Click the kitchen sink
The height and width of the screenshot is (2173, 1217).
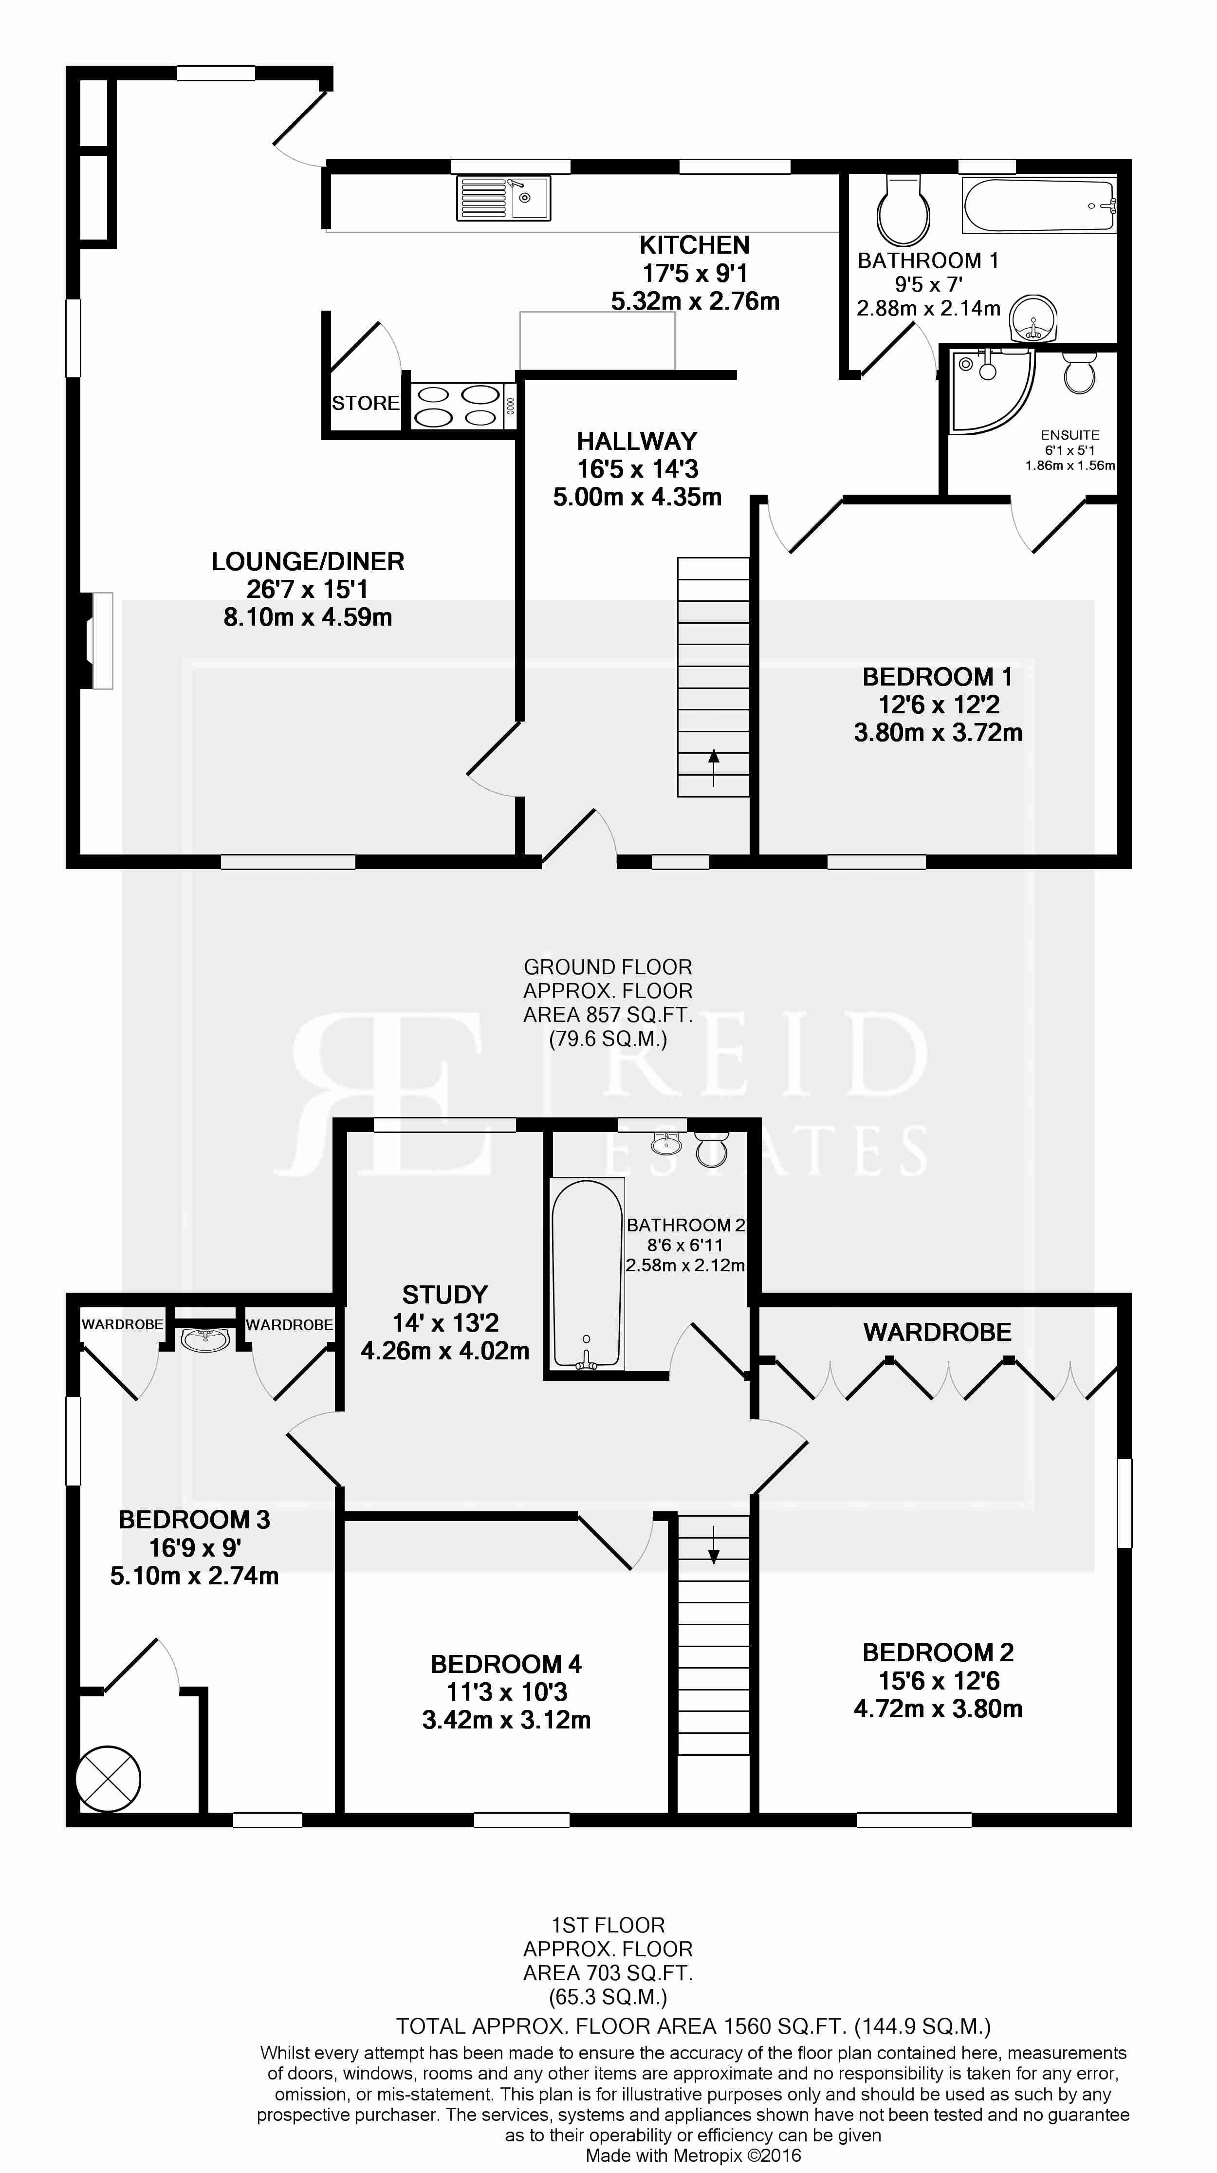click(503, 198)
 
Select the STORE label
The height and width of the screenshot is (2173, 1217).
click(365, 403)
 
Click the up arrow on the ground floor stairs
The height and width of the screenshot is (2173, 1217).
click(714, 768)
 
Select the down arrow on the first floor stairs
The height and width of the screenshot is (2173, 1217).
click(714, 1544)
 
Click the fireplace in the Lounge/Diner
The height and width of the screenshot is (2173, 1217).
click(94, 641)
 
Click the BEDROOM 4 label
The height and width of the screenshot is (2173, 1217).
click(506, 1664)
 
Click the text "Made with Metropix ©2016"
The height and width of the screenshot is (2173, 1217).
click(693, 2155)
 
